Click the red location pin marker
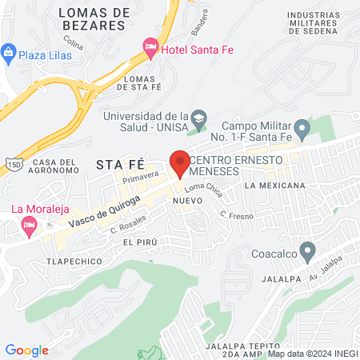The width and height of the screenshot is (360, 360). click(x=179, y=163)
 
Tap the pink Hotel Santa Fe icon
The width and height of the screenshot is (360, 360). click(x=150, y=50)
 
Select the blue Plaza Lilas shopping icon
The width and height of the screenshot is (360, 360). click(x=9, y=54)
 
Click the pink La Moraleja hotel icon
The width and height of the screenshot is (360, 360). click(x=29, y=227)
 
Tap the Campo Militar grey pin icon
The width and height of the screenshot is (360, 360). click(x=302, y=127)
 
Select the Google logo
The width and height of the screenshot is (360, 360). click(x=26, y=350)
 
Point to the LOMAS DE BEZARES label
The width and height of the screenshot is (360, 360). click(x=94, y=18)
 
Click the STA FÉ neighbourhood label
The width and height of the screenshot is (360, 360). click(x=118, y=165)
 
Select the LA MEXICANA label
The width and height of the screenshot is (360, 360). click(x=277, y=186)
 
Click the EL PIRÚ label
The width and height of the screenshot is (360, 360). click(x=138, y=241)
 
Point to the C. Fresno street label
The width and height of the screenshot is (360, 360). click(x=237, y=216)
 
